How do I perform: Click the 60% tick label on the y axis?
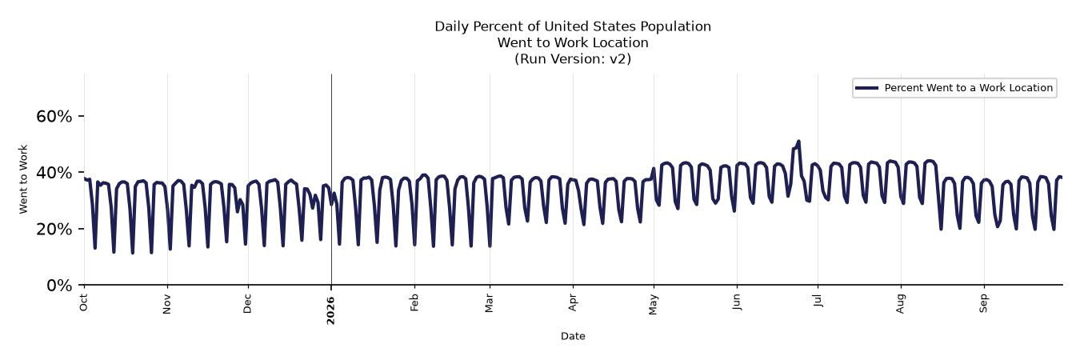[54, 116]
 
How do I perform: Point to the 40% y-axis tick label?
[54, 173]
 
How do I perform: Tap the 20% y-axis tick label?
[54, 229]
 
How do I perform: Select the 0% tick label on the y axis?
[59, 286]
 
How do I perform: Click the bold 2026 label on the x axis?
[330, 310]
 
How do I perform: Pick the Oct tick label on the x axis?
[83, 302]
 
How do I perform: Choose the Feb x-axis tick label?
[414, 302]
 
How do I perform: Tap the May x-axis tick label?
[654, 305]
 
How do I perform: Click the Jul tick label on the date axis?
[818, 300]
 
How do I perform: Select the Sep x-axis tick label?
[983, 303]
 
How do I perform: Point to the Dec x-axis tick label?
[247, 304]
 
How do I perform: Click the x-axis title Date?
[573, 336]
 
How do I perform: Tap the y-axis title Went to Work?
[23, 179]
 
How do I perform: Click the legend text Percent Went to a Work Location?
[969, 88]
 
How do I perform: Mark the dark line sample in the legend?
[867, 88]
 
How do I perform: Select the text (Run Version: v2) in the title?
[573, 58]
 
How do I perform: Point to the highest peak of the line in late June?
[798, 142]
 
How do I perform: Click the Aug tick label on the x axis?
[901, 304]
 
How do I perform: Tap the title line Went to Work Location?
[573, 42]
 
